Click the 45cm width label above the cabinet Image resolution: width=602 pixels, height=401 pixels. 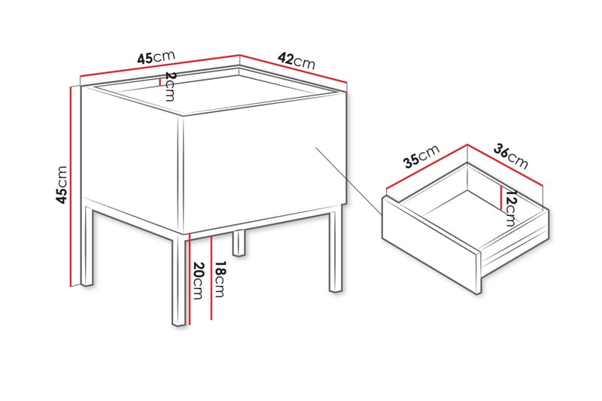(156, 57)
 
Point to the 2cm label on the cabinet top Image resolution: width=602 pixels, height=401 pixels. (170, 87)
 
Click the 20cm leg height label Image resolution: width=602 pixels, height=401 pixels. (199, 281)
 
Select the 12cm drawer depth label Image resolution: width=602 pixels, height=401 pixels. (511, 208)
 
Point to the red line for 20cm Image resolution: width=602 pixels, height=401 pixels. (189, 278)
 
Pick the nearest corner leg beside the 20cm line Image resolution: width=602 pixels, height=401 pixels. (178, 282)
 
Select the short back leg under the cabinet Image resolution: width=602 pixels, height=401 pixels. (239, 241)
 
